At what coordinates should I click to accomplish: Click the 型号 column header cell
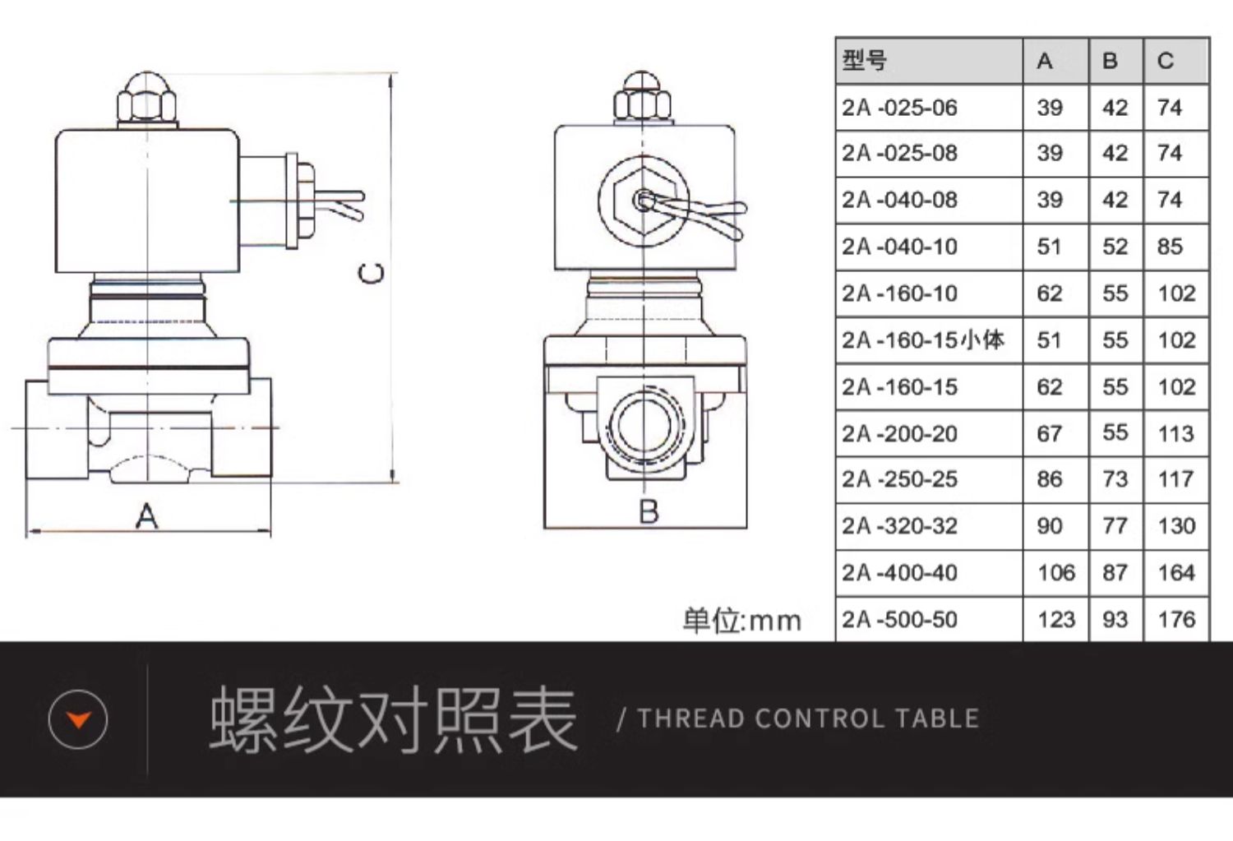coord(865,60)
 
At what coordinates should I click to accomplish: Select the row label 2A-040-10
coord(899,247)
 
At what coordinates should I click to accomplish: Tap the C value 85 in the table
coord(1170,247)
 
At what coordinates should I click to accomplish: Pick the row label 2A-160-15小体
coord(922,340)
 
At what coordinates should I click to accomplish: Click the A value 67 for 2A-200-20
coord(1049,433)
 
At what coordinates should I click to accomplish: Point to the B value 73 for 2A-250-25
coord(1115,479)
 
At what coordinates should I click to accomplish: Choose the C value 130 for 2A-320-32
coord(1176,526)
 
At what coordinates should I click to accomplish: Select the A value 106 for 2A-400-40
coord(1056,573)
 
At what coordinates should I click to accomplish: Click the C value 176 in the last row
coord(1176,620)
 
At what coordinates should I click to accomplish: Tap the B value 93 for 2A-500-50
coord(1115,620)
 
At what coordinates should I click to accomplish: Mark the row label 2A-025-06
coord(899,108)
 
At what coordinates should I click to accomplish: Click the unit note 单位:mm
coord(741,621)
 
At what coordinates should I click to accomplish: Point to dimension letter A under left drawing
coord(146,516)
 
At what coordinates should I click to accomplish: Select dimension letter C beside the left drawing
coord(372,273)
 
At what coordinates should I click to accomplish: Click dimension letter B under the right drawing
coord(649,511)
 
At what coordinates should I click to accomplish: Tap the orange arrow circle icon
coord(78,720)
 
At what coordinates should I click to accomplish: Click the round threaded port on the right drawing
coord(645,426)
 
